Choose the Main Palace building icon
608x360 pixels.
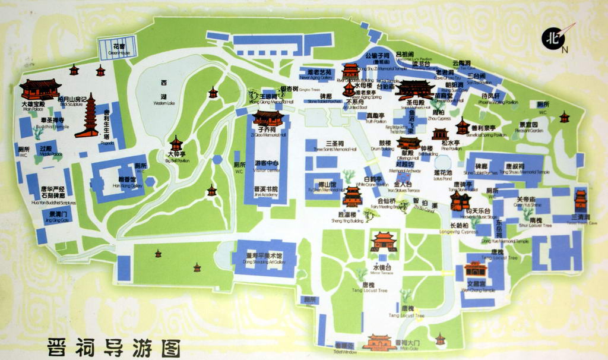coord(40,90)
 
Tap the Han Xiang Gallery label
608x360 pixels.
coord(128,182)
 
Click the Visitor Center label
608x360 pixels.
coord(267,165)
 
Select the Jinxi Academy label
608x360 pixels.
coord(265,192)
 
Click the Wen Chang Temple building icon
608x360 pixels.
coord(476,269)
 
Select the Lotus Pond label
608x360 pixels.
coord(442,175)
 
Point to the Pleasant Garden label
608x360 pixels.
coord(525,127)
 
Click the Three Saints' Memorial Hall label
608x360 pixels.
coord(335,146)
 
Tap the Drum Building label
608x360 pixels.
coord(385,146)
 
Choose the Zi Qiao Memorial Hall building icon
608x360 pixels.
coord(268,118)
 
